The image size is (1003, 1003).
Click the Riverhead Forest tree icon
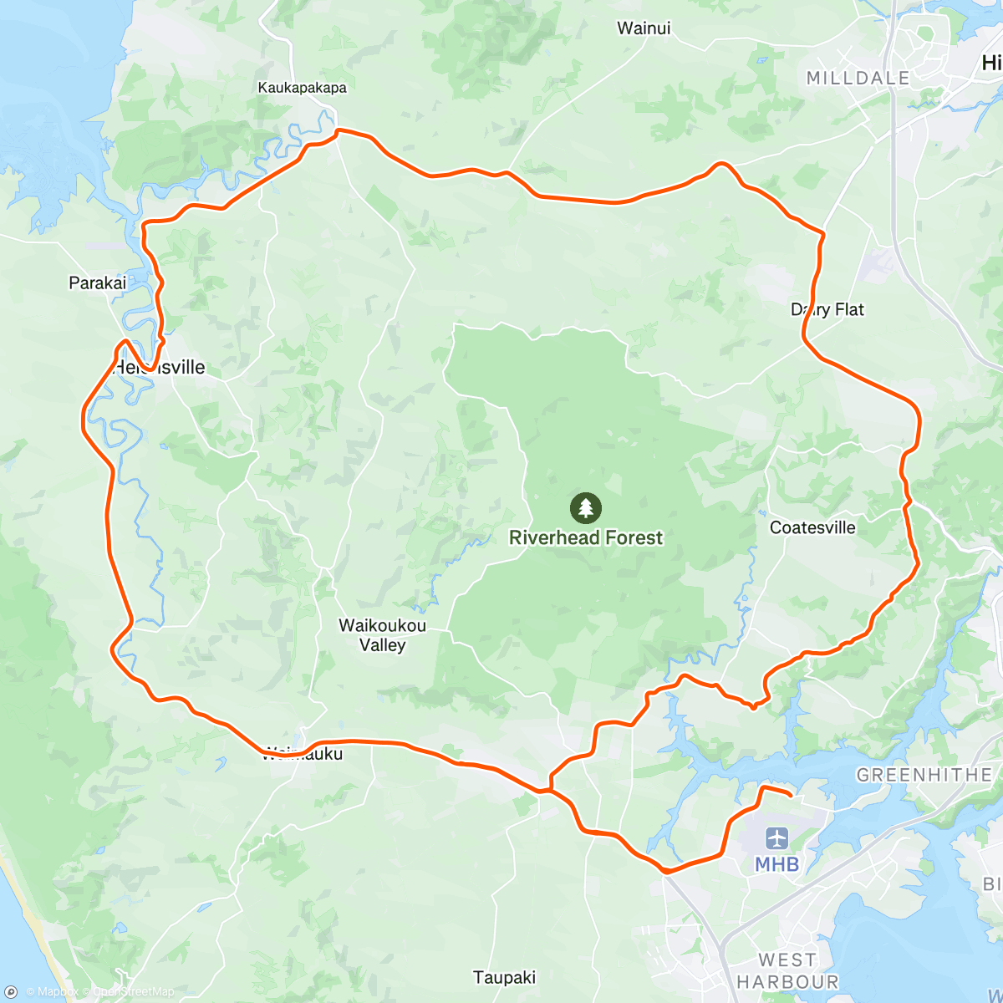586,507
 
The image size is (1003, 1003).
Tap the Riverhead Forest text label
586,537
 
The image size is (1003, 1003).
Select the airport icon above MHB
777,838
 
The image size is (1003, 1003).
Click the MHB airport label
777,864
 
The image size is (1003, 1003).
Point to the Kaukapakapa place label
302,88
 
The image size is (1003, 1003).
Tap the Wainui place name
644,28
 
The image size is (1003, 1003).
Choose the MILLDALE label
858,78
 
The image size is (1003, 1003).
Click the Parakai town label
98,283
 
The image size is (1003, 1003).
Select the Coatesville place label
812,527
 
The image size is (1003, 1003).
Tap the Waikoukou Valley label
382,635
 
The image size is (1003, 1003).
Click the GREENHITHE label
924,775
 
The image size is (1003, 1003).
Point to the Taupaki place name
504,977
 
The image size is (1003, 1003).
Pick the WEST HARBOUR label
787,971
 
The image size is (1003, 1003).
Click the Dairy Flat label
827,310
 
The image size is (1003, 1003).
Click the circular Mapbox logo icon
12,992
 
